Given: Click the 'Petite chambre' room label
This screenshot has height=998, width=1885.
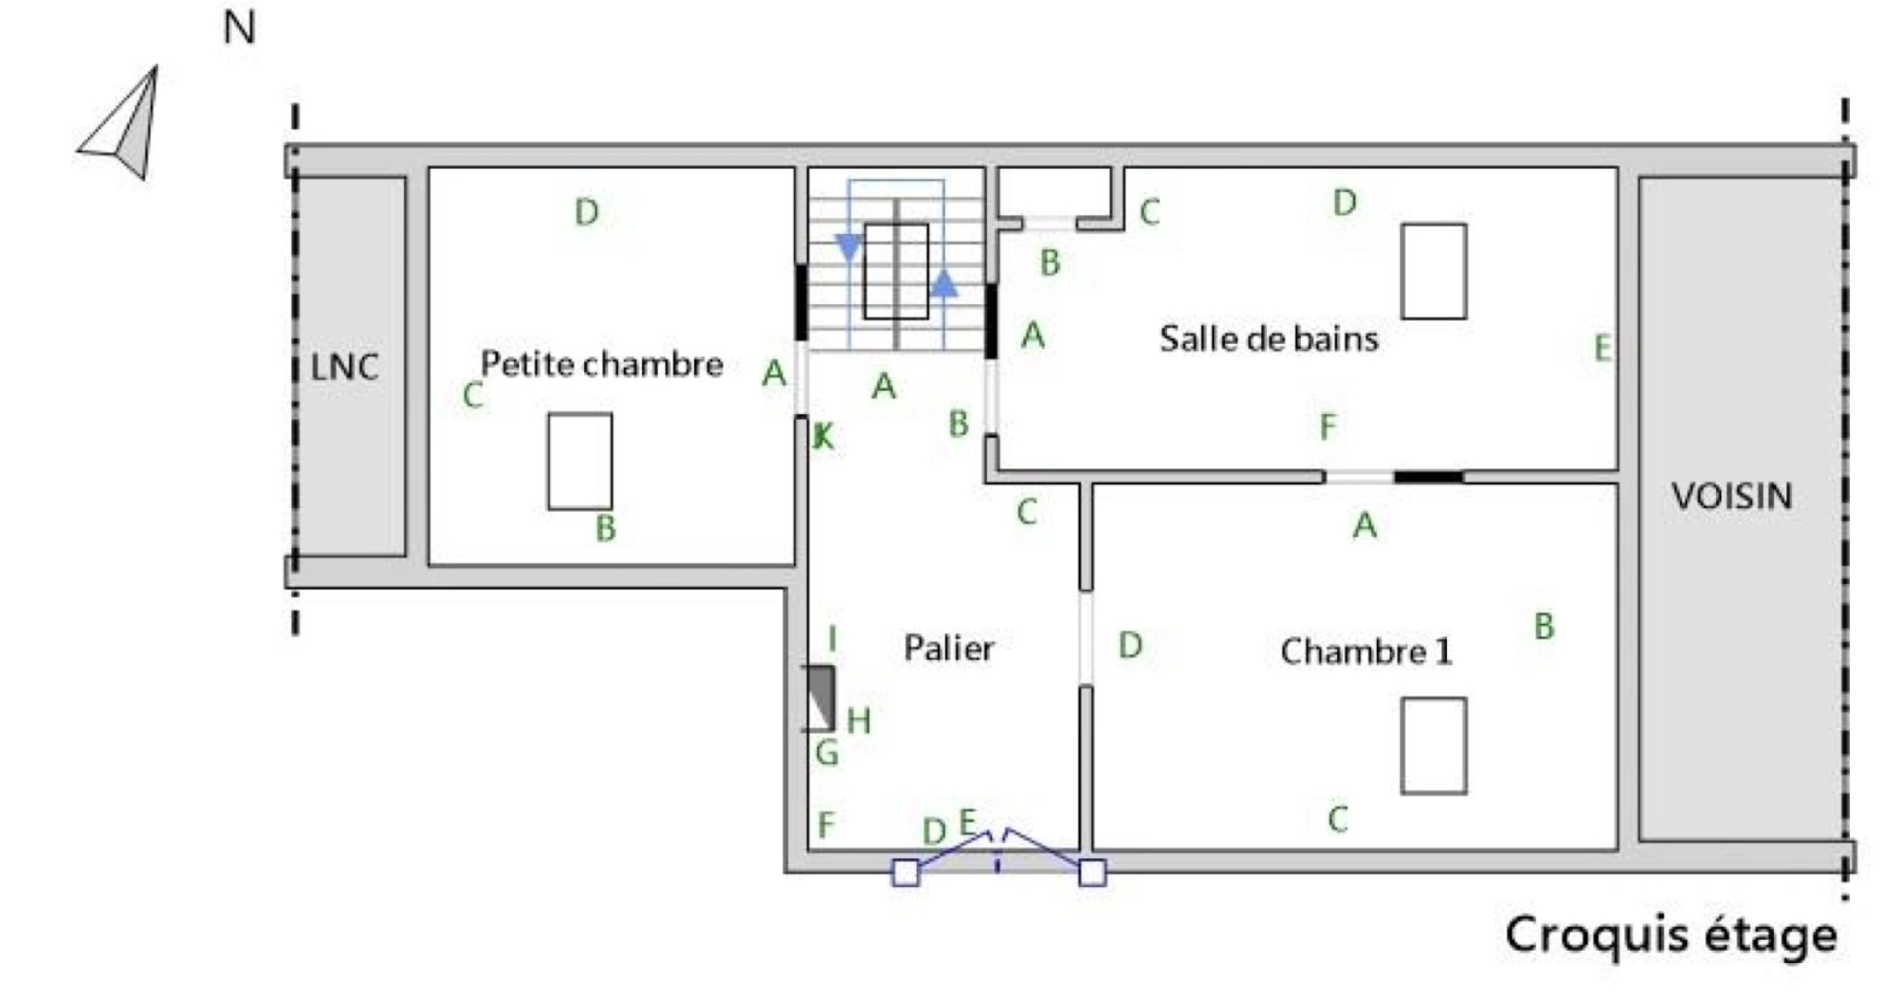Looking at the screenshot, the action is pyautogui.click(x=602, y=364).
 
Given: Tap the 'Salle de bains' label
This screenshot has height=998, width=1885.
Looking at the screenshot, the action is pyautogui.click(x=1269, y=338).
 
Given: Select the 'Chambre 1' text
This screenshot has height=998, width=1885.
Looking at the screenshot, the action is pyautogui.click(x=1366, y=652).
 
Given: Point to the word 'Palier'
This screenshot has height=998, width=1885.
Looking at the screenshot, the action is pyautogui.click(x=949, y=648).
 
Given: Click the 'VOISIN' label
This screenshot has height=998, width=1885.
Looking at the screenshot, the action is pyautogui.click(x=1732, y=497).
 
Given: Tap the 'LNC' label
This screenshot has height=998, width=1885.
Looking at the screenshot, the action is pyautogui.click(x=345, y=368).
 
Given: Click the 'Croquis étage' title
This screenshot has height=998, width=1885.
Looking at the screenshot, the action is pyautogui.click(x=1672, y=935).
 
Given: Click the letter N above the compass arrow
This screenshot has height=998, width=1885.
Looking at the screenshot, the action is pyautogui.click(x=239, y=29).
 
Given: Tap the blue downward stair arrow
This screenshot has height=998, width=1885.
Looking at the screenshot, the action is pyautogui.click(x=848, y=248).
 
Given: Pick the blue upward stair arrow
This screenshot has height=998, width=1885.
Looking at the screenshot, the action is pyautogui.click(x=943, y=284).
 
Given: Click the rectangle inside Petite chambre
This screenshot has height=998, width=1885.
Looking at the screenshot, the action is pyautogui.click(x=579, y=461).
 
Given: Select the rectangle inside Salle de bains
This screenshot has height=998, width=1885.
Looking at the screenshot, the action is pyautogui.click(x=1433, y=271).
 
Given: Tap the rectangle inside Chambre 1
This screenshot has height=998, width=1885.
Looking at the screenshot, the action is pyautogui.click(x=1433, y=746).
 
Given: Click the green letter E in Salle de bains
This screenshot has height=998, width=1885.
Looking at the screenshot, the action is pyautogui.click(x=1603, y=348).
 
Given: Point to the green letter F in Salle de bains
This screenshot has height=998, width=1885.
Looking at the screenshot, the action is pyautogui.click(x=1328, y=427).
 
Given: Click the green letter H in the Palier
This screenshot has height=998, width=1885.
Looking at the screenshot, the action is pyautogui.click(x=858, y=721).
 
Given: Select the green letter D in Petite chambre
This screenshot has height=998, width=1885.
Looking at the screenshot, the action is pyautogui.click(x=587, y=213).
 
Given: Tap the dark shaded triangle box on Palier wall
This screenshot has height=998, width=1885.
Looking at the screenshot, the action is pyautogui.click(x=819, y=698).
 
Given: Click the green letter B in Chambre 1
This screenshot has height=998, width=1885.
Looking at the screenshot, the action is pyautogui.click(x=1544, y=627).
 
